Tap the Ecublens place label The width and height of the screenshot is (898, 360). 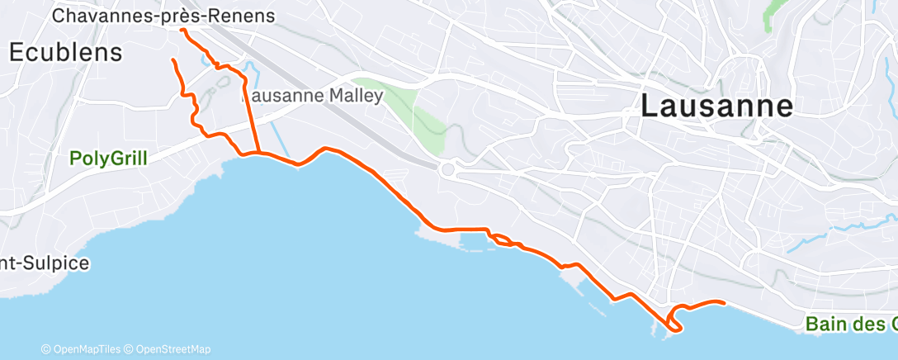pyautogui.click(x=66, y=52)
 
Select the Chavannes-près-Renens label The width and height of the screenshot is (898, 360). pyautogui.click(x=163, y=16)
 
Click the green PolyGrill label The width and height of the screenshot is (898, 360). pyautogui.click(x=108, y=158)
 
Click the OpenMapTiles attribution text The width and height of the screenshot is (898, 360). pyautogui.click(x=83, y=349)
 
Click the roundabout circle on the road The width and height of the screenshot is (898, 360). pyautogui.click(x=448, y=170)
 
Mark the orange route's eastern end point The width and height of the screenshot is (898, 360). pyautogui.click(x=724, y=303)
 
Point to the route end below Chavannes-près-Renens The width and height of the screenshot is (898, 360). pyautogui.click(x=182, y=30)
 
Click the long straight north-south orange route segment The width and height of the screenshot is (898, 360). pyautogui.click(x=251, y=116)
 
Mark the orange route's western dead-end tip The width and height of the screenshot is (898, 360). pyautogui.click(x=172, y=60)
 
